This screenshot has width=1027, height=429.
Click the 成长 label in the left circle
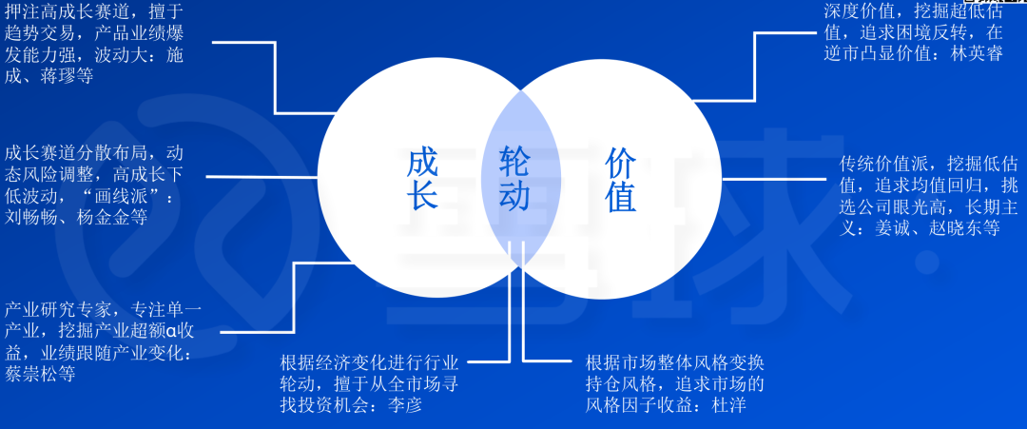pos(422,179)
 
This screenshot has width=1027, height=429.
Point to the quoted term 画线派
pos(122,195)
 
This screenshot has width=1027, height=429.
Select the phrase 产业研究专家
pos(57,310)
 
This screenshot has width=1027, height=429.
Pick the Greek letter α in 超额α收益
pos(170,332)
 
